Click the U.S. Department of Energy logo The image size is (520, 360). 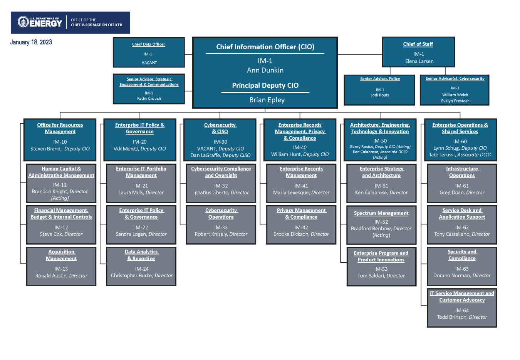pyautogui.click(x=40, y=22)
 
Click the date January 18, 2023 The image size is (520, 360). pyautogui.click(x=31, y=42)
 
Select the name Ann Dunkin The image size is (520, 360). pyautogui.click(x=265, y=70)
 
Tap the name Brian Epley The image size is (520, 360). pyautogui.click(x=267, y=100)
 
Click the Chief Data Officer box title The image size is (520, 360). pyautogui.click(x=148, y=44)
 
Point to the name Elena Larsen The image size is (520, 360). pyautogui.click(x=419, y=62)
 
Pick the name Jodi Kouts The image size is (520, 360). pyautogui.click(x=380, y=95)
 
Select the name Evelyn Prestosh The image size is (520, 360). pyautogui.click(x=455, y=101)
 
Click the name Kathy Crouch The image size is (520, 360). pyautogui.click(x=149, y=99)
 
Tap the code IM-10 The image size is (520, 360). pyautogui.click(x=60, y=142)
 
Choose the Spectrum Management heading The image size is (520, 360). pyautogui.click(x=381, y=213)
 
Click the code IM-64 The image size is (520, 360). pyautogui.click(x=462, y=311)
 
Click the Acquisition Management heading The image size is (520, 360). pyautogui.click(x=61, y=255)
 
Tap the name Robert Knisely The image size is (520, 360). pyautogui.click(x=211, y=234)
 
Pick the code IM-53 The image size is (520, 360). pyautogui.click(x=381, y=269)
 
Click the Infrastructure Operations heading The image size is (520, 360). pyautogui.click(x=462, y=172)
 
